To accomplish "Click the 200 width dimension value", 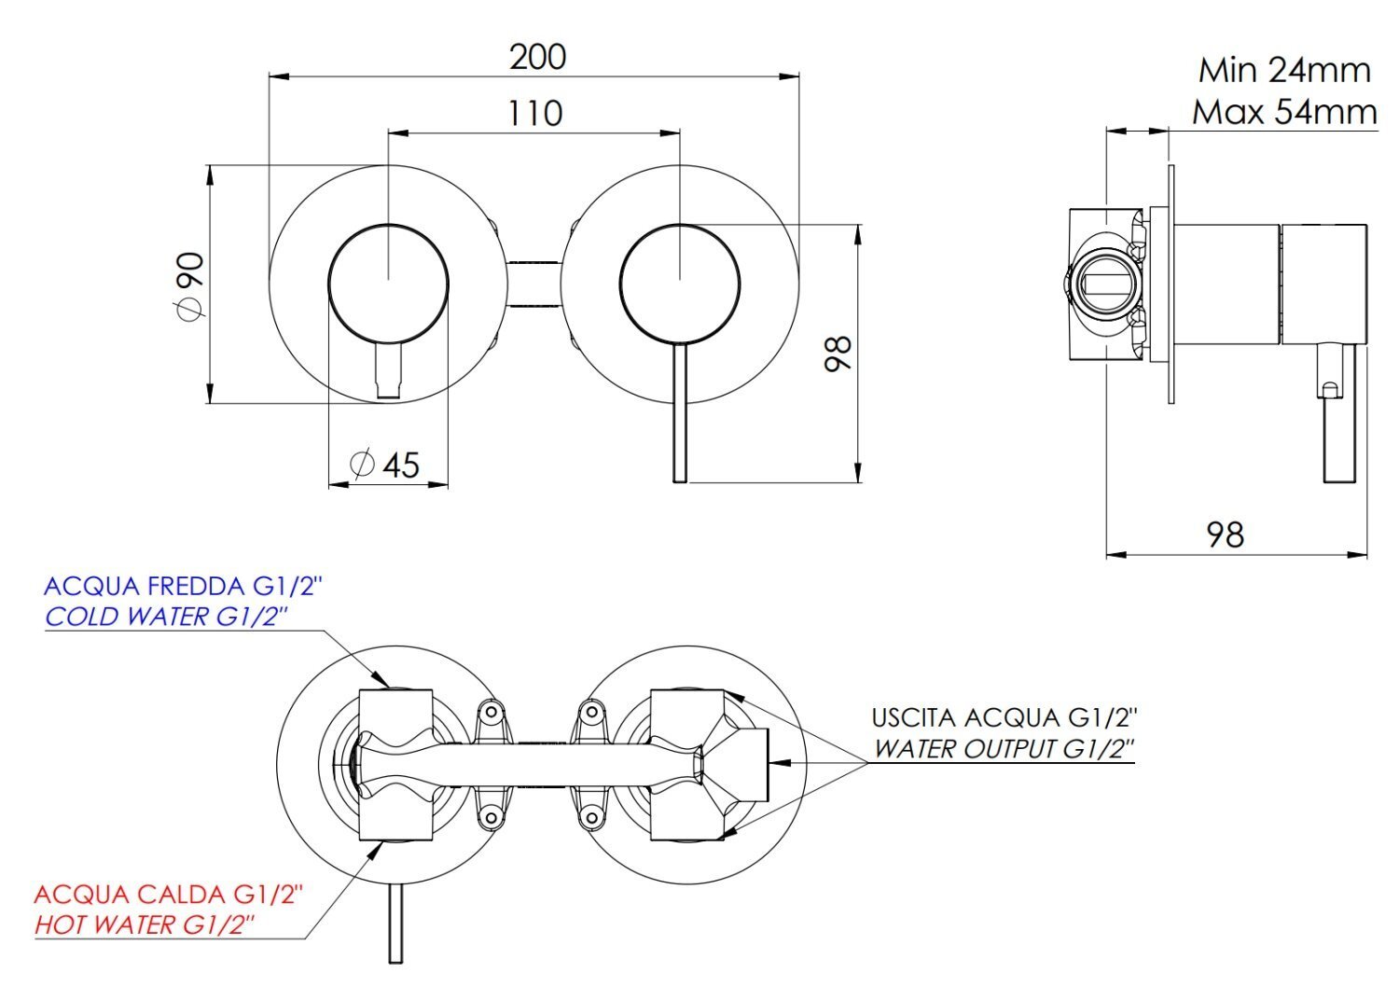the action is [x=538, y=57].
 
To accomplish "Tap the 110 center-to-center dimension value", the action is [x=535, y=114].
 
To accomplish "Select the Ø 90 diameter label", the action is [x=192, y=285].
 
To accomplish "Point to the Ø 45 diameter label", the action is [x=385, y=465].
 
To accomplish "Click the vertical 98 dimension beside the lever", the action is [x=838, y=354].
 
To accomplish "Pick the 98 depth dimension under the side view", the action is [x=1226, y=535].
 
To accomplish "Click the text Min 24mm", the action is [x=1284, y=70].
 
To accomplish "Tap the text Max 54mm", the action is [x=1284, y=113].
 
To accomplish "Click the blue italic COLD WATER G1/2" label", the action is [x=167, y=617].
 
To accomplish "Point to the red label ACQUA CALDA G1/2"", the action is [x=169, y=895].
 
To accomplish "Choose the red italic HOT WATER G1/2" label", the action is [x=145, y=924].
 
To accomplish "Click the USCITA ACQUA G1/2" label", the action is [x=1004, y=717].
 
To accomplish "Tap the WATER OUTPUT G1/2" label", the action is [x=1004, y=748].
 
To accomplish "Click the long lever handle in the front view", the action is [x=680, y=412].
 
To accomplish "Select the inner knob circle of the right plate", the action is [x=680, y=284].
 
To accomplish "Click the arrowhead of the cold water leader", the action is [x=381, y=678].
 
